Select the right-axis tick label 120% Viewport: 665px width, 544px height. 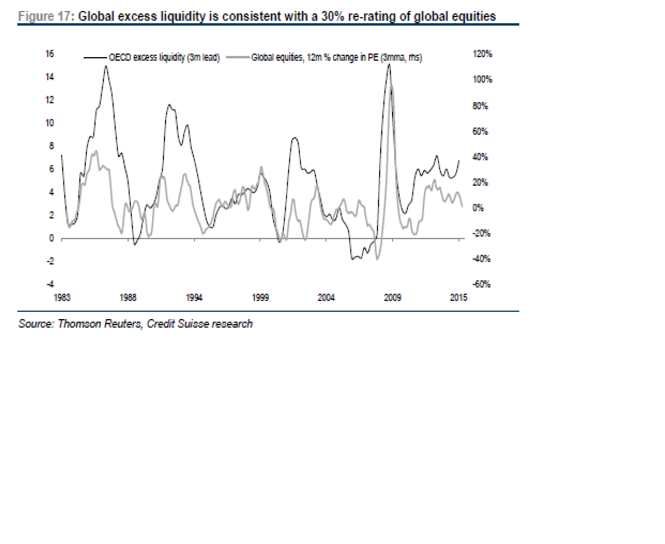(482, 54)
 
